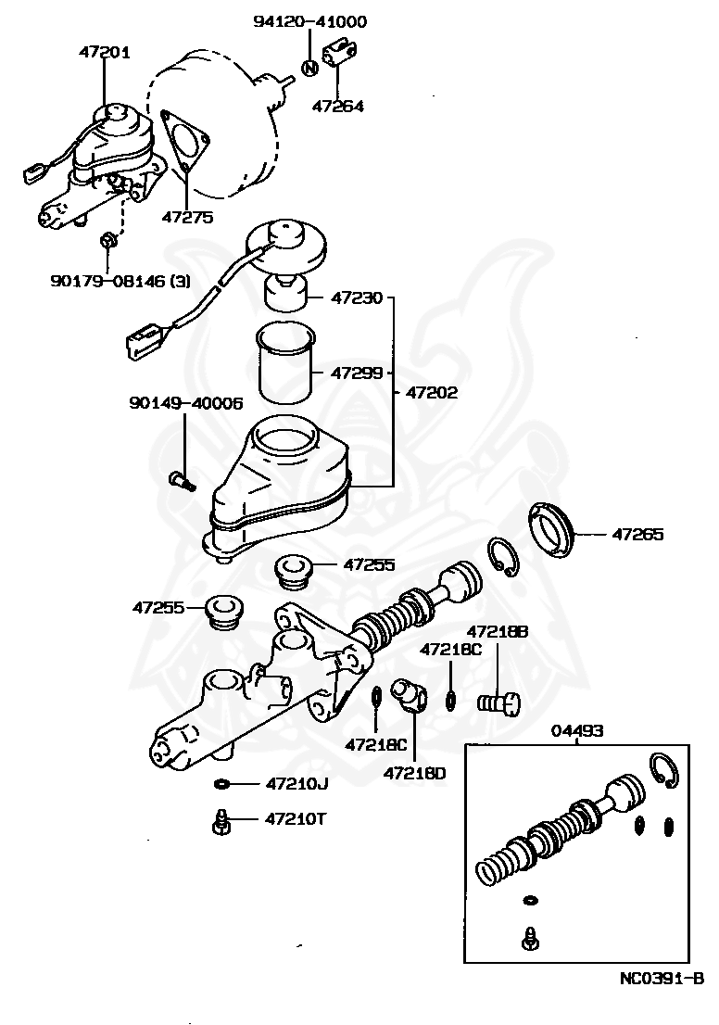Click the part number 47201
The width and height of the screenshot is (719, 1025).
click(x=104, y=53)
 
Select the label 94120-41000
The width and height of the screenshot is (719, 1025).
click(x=309, y=21)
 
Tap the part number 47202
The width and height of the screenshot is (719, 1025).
click(x=432, y=392)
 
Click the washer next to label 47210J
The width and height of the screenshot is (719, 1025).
click(x=222, y=784)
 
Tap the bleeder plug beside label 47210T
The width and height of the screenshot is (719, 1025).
click(x=221, y=822)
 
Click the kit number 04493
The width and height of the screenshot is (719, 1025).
click(x=577, y=730)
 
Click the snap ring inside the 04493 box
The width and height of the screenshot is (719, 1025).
click(x=664, y=770)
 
